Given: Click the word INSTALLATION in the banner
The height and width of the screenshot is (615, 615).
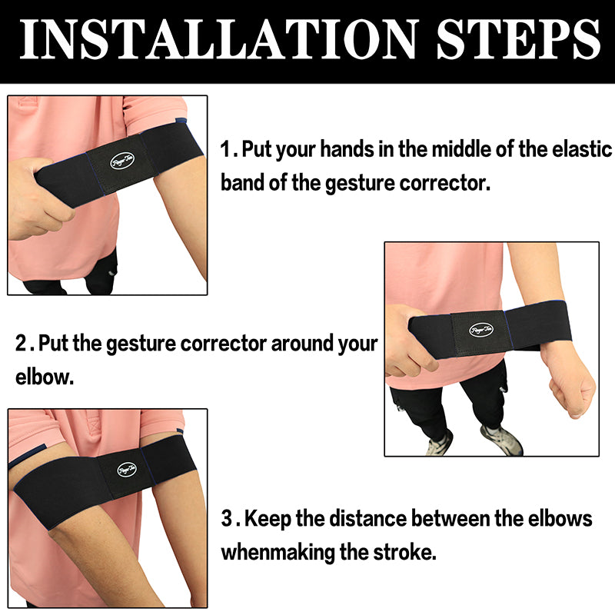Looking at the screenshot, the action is coord(219,39).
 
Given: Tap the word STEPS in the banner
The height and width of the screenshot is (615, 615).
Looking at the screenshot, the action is coord(518,39).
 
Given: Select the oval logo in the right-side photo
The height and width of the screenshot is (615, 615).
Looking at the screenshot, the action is coord(481,330).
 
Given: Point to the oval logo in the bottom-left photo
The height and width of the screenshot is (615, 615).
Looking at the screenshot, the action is coord(127,469).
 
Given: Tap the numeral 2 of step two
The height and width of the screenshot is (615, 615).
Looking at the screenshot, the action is coord(21,343).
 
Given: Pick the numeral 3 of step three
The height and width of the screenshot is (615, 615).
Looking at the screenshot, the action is coord(227,518).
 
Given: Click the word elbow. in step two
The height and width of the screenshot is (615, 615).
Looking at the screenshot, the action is coord(45,377).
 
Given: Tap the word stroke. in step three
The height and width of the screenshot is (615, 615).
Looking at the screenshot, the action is coord(404,552).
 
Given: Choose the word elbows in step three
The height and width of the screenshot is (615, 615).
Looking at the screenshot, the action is coord(560,518).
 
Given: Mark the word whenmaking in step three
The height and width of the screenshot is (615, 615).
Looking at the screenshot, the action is coord(278,552).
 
